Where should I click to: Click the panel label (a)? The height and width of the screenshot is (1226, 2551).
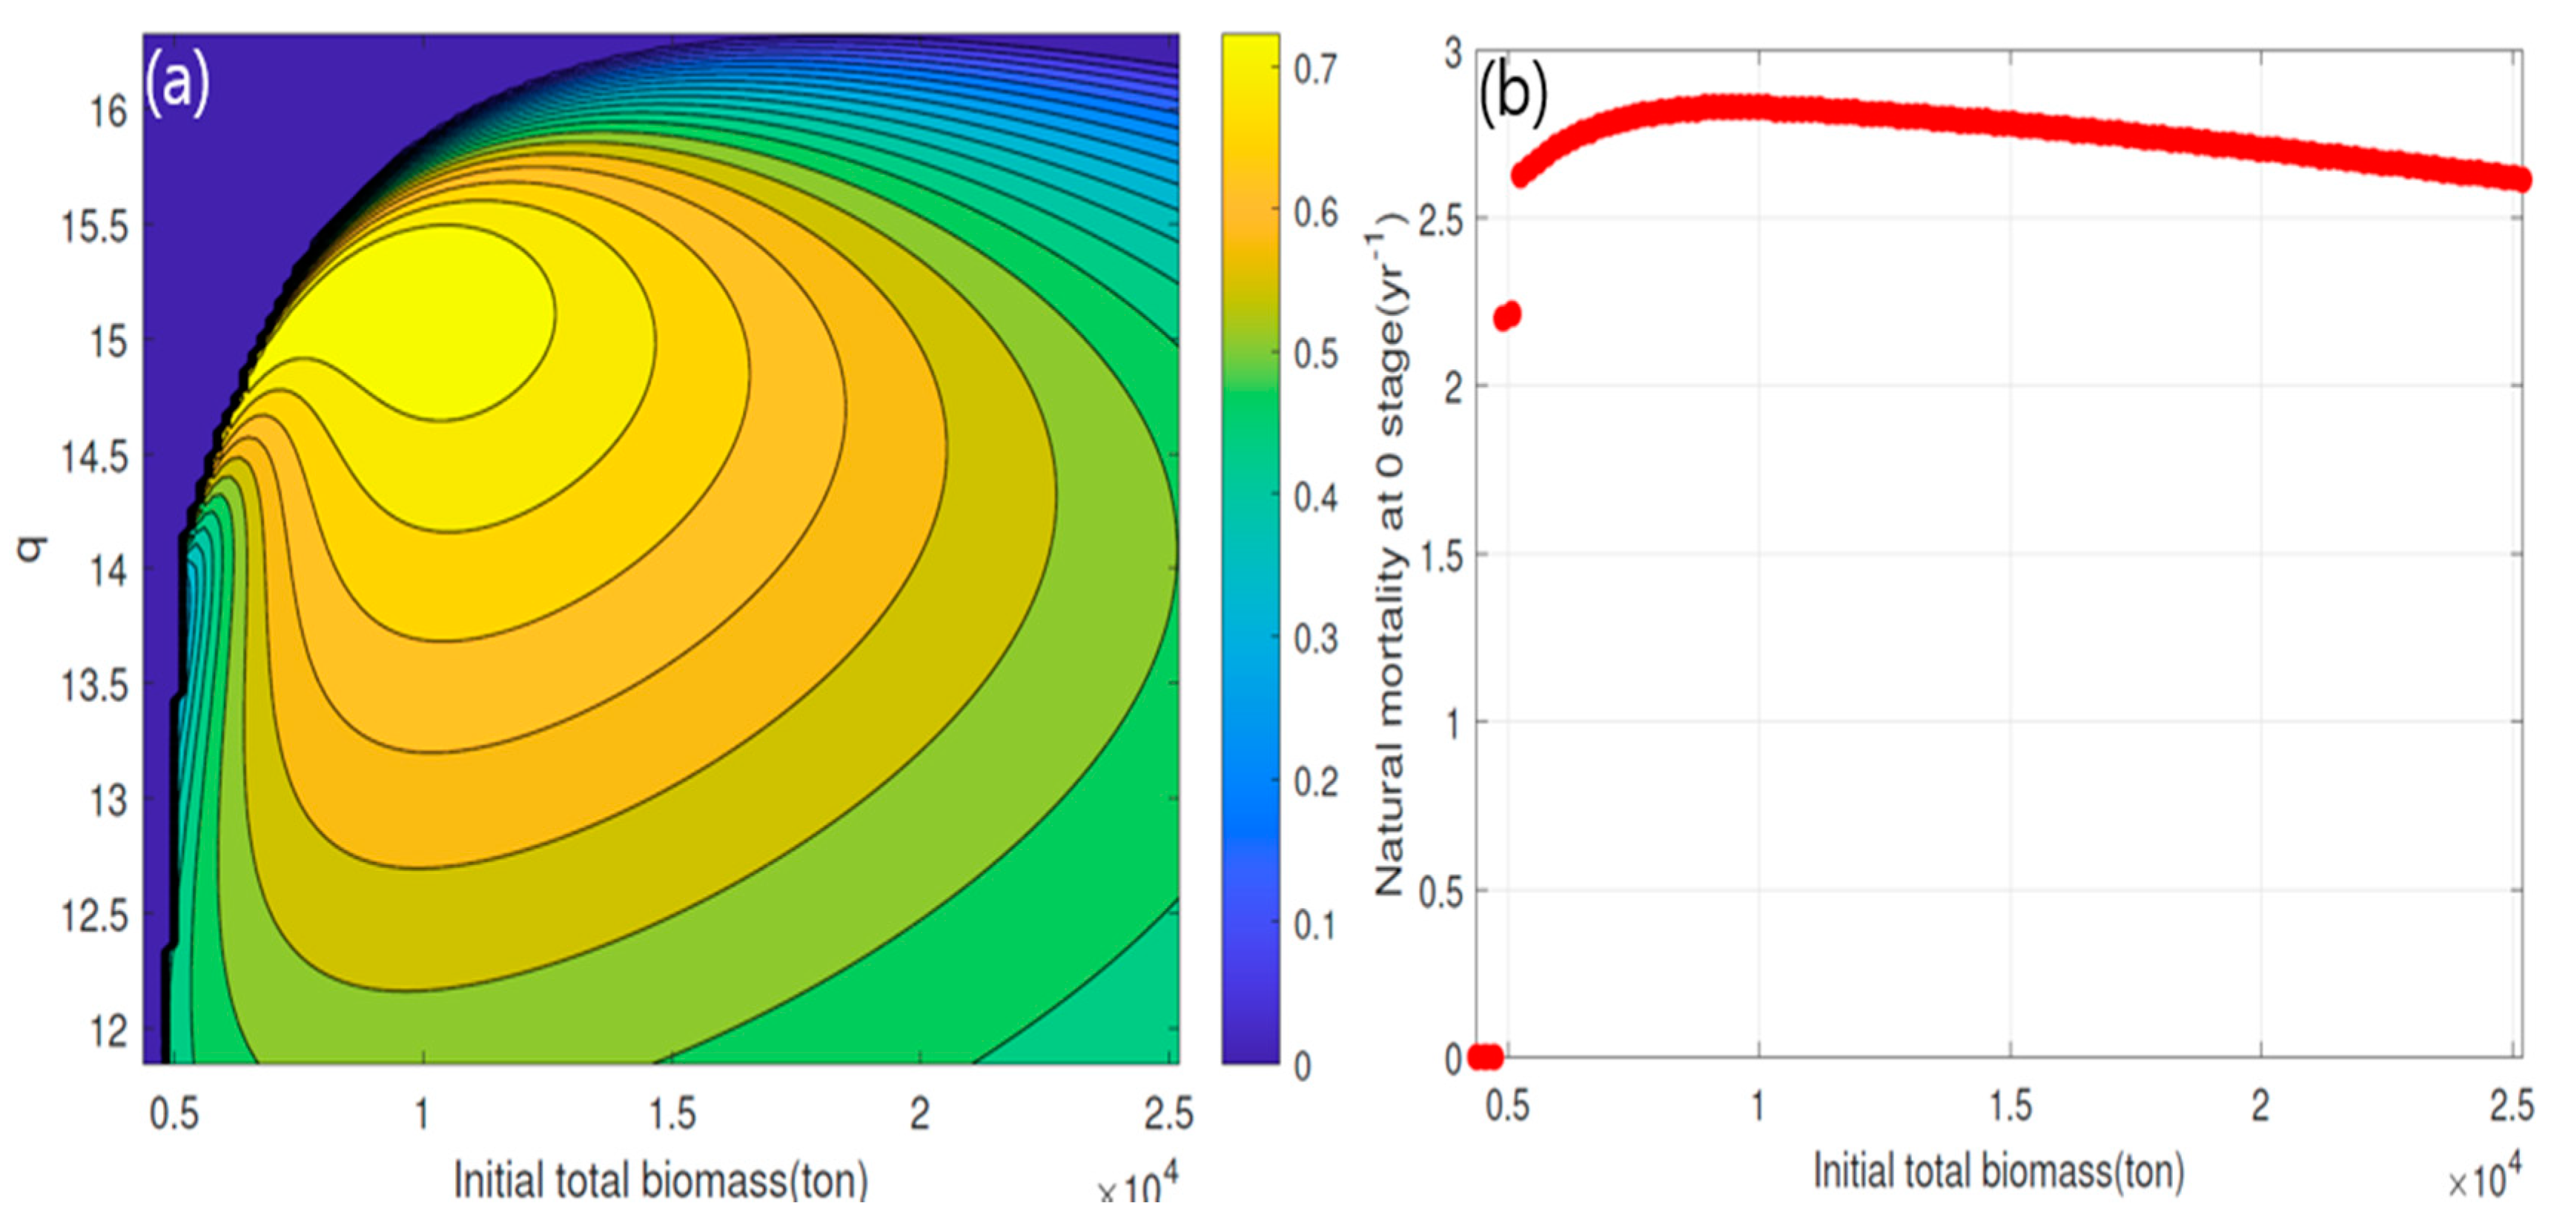(x=177, y=83)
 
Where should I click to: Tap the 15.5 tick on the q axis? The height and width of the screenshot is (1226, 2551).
(x=95, y=228)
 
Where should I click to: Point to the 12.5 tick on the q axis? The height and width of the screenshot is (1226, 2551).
(x=95, y=916)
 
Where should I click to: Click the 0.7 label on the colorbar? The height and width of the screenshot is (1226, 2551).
(x=1316, y=70)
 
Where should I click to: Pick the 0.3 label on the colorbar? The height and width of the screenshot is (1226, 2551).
(x=1316, y=640)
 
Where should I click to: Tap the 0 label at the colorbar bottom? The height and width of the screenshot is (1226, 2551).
(x=1303, y=1067)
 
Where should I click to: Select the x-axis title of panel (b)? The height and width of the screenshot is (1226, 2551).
(x=1999, y=1172)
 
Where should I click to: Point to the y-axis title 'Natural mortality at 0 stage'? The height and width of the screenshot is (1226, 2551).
(x=1389, y=565)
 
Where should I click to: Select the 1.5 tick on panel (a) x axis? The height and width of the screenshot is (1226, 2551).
(x=672, y=1114)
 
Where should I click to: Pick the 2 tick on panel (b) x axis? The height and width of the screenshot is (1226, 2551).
(x=2260, y=1106)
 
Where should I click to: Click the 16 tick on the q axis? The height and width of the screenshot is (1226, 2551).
(x=109, y=112)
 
